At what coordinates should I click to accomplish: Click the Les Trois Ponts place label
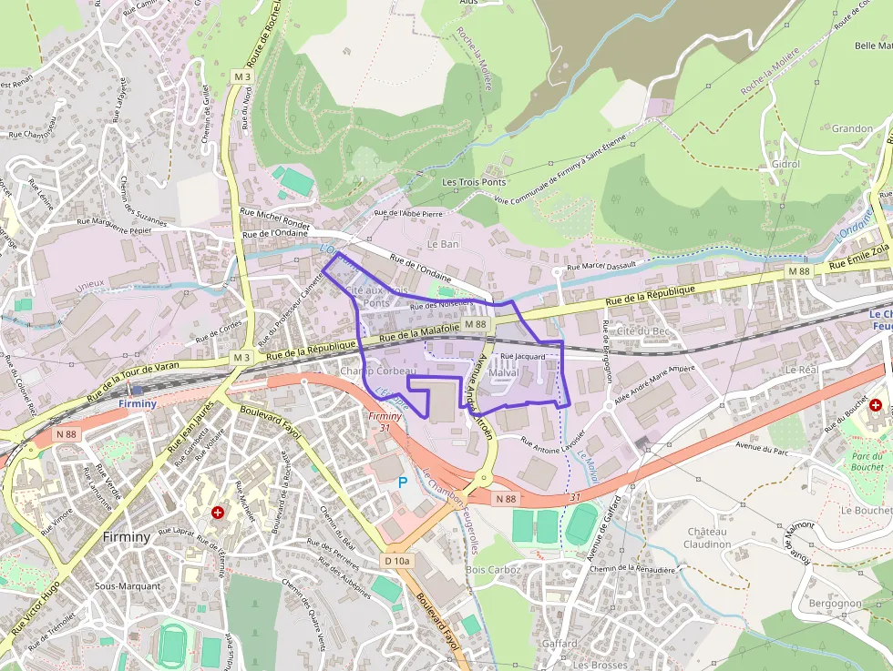click(473, 182)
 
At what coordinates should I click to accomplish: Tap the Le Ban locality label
click(443, 244)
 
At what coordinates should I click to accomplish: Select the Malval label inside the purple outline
click(503, 373)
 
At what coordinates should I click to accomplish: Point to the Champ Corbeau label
click(377, 371)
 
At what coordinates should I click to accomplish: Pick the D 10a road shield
click(398, 561)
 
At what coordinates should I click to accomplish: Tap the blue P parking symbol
click(403, 482)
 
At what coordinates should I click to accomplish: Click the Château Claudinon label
click(707, 537)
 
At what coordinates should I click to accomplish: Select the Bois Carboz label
click(492, 570)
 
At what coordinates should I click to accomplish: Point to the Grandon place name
click(852, 128)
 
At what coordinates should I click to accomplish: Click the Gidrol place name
click(785, 164)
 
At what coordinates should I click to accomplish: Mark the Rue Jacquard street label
click(523, 356)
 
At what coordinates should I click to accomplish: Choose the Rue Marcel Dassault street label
click(600, 267)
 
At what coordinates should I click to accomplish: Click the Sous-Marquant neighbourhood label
click(127, 586)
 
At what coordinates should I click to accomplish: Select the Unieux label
click(89, 285)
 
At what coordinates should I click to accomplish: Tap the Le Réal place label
click(802, 370)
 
